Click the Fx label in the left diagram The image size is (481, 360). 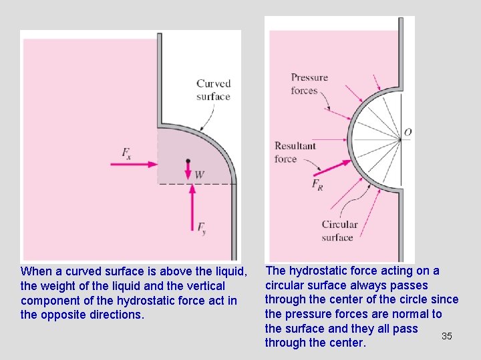[x=126, y=153]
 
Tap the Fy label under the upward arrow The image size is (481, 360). [x=201, y=228]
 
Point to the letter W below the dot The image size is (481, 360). [x=199, y=175]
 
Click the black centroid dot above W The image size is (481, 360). [x=188, y=161]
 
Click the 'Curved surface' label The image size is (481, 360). [x=213, y=90]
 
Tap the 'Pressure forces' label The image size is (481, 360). [x=309, y=84]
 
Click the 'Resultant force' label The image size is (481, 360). [x=295, y=152]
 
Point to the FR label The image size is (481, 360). [x=317, y=185]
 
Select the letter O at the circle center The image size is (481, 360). [x=408, y=132]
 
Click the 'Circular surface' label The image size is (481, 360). [x=339, y=231]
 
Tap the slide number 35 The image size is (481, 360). [x=447, y=336]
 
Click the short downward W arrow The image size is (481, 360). [x=188, y=170]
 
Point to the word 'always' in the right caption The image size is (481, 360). [x=370, y=285]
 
